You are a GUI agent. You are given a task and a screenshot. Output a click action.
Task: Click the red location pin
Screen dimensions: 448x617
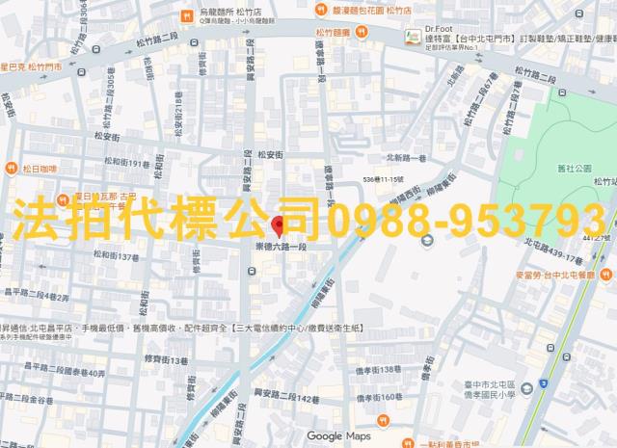click(x=279, y=226)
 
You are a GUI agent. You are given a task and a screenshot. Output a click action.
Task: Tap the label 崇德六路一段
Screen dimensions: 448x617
click(x=280, y=247)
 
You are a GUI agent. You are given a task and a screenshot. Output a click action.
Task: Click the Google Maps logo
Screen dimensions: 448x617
click(x=337, y=436)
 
